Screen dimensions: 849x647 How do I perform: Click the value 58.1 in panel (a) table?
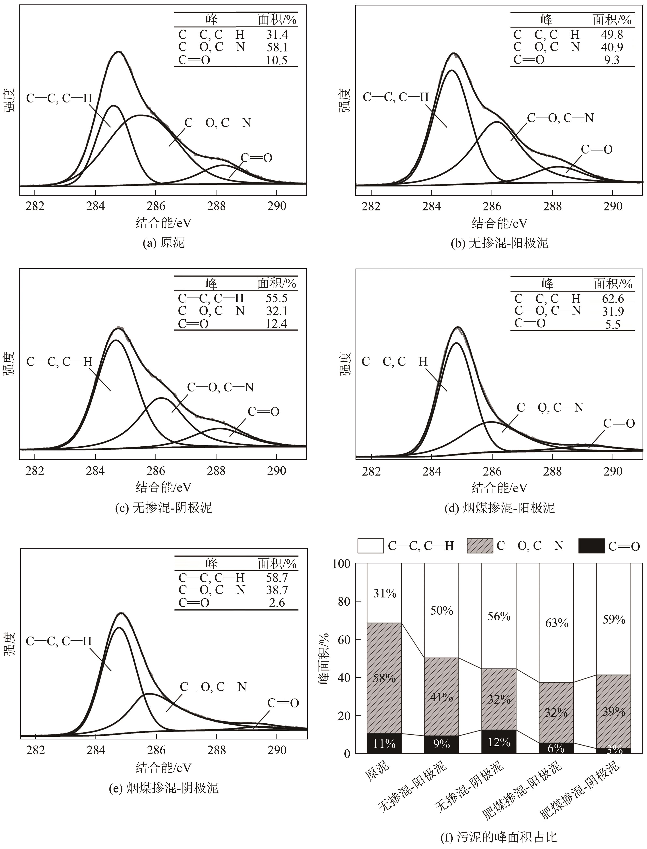point(277,47)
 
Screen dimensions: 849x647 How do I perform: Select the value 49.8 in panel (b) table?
point(612,35)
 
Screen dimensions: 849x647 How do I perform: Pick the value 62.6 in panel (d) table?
point(613,299)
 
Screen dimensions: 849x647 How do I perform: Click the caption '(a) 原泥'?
point(164,243)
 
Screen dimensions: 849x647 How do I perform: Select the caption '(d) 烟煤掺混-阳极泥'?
point(499,508)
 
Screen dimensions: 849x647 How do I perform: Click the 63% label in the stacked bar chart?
point(557,623)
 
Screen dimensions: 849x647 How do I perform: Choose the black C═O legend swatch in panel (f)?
point(591,546)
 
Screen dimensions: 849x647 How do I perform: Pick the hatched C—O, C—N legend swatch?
point(480,546)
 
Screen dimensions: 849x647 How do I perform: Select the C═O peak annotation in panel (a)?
point(256,158)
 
